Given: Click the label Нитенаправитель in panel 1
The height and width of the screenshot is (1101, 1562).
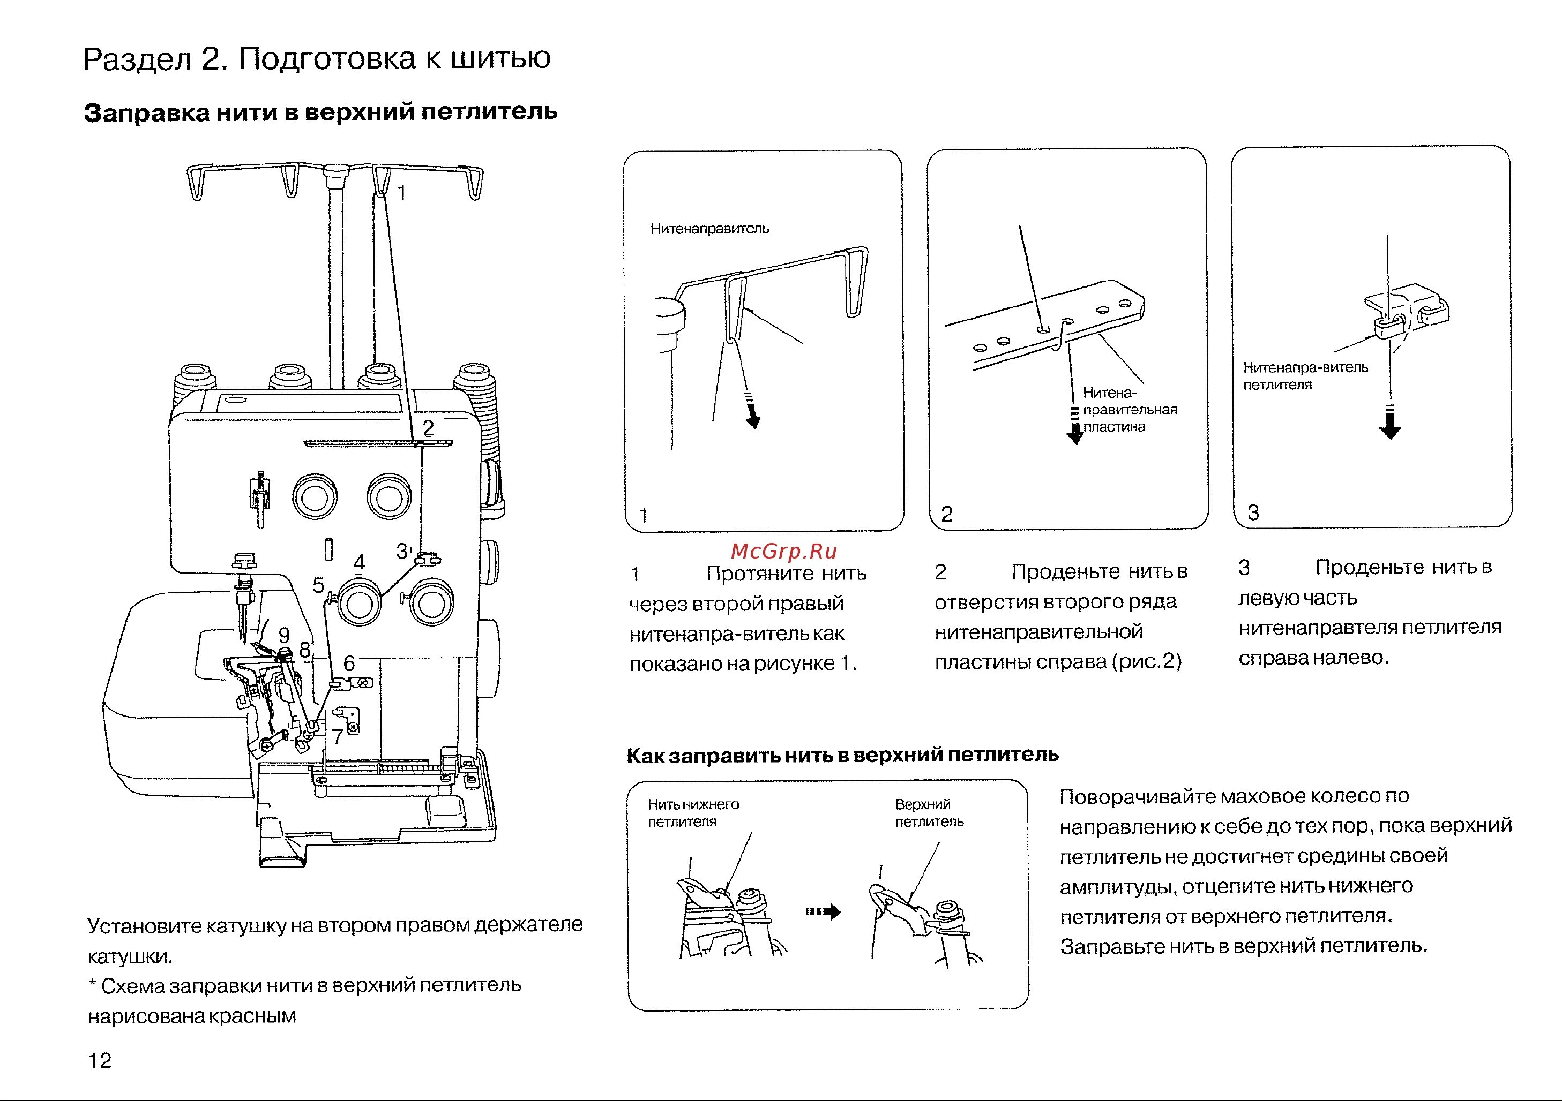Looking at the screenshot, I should [x=709, y=229].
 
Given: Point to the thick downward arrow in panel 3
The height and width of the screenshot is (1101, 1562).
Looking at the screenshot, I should [x=1390, y=426].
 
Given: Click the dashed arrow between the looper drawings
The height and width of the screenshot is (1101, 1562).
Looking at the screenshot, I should [x=823, y=912].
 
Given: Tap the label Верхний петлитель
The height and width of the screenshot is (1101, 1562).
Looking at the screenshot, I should [x=929, y=813].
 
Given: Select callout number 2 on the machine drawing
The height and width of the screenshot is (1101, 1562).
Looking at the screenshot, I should [x=428, y=428].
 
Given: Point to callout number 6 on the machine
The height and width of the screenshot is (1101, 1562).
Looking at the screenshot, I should [x=349, y=663].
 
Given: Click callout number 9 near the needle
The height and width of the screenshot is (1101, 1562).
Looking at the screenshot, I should [x=285, y=635].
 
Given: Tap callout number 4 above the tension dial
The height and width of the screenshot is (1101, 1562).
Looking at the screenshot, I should [x=359, y=562].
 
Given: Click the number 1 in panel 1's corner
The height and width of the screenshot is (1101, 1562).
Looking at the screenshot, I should [x=643, y=516].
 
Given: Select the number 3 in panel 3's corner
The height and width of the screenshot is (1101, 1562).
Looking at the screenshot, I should [x=1253, y=513].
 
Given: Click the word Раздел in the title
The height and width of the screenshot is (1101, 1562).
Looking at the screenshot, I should [x=137, y=60].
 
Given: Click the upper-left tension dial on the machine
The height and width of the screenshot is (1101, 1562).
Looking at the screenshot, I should [x=315, y=497].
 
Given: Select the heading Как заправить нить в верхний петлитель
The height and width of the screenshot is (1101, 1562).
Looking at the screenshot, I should [x=842, y=755].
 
